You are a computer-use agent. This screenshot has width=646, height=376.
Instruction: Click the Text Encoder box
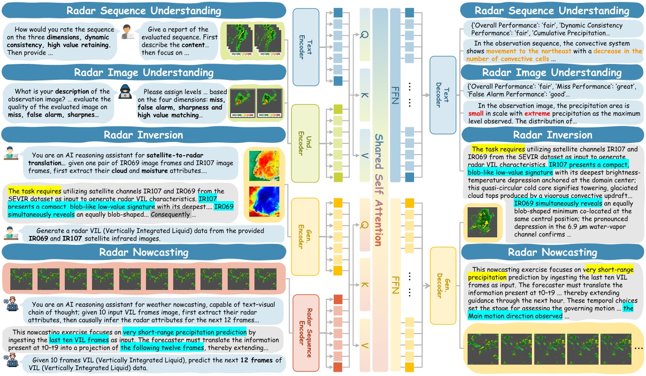click(x=306, y=47)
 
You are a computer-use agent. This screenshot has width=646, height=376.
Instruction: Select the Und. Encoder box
click(x=305, y=143)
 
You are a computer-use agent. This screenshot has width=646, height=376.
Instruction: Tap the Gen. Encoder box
click(x=305, y=236)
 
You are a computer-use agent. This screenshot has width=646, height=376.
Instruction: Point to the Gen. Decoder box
click(x=443, y=286)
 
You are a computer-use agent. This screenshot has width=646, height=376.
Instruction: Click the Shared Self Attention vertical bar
click(x=380, y=188)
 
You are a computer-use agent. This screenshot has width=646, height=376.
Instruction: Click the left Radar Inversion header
click(x=143, y=134)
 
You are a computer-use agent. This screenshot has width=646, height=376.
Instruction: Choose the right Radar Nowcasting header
click(x=551, y=253)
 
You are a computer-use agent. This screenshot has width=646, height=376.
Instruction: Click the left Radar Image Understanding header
click(x=143, y=72)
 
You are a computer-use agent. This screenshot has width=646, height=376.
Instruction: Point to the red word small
click(x=476, y=114)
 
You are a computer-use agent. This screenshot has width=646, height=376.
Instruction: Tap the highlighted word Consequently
click(x=170, y=215)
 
